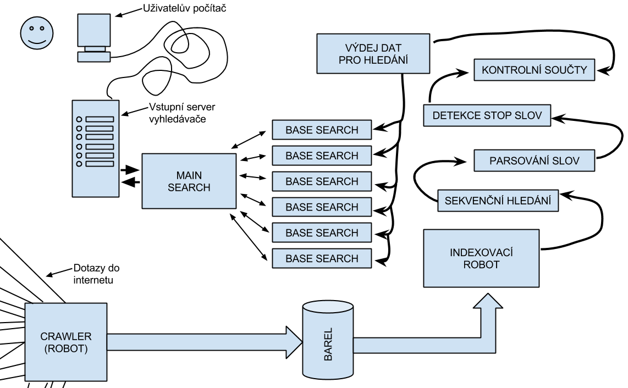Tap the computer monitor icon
pos(93,36)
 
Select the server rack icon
pos(96,148)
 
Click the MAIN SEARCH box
pos(189,181)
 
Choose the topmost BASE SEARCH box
pos(322,130)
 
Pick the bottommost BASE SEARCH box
pos(322,258)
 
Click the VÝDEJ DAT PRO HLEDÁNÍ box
pos(373,53)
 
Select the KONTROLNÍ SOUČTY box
pos(534,70)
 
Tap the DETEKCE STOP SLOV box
pos(487,115)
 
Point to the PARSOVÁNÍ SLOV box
pos(534,161)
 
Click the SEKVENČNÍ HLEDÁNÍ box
pos(498,201)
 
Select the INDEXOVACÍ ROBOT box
pos(481,258)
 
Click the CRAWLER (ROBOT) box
pos(66,342)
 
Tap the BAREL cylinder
pos(328,340)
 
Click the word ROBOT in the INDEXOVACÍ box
pos(481,264)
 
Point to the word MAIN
pos(189,175)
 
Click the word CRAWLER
pos(66,336)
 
